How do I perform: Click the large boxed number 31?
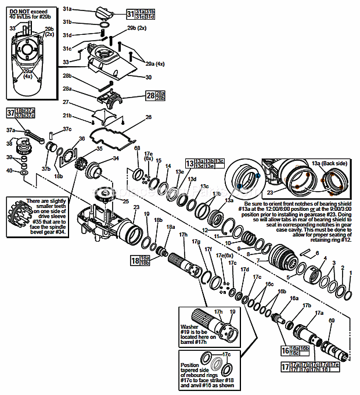pyautogui.click(x=130, y=14)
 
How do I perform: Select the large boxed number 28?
pyautogui.click(x=150, y=96)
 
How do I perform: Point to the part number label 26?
pyautogui.click(x=148, y=117)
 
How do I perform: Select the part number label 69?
pyautogui.click(x=332, y=321)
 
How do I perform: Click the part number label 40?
pyautogui.click(x=9, y=171)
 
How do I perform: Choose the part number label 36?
pyautogui.click(x=81, y=138)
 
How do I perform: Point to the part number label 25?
pyautogui.click(x=125, y=201)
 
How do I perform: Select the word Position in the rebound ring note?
pyautogui.click(x=190, y=365)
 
